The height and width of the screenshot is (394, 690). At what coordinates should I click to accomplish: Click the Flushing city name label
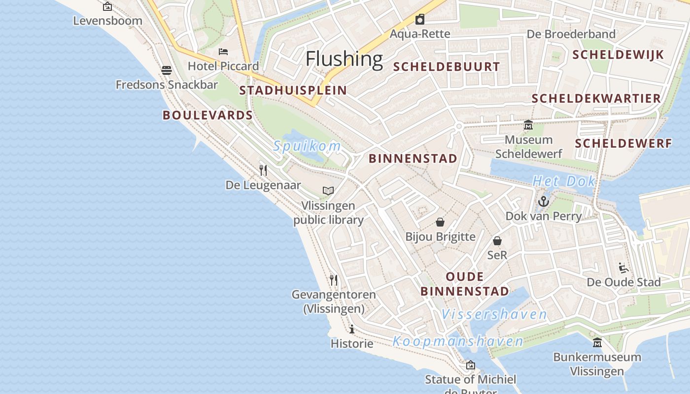pyautogui.click(x=344, y=59)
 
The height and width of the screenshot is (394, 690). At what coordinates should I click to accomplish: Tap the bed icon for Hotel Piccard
pyautogui.click(x=223, y=52)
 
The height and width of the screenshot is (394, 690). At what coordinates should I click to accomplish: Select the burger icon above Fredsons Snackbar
pyautogui.click(x=167, y=70)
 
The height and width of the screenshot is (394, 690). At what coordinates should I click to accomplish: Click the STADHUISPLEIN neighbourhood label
pyautogui.click(x=293, y=90)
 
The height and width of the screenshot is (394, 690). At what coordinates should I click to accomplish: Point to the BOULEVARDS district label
pyautogui.click(x=207, y=115)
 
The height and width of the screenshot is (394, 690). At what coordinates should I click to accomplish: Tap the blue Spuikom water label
pyautogui.click(x=307, y=146)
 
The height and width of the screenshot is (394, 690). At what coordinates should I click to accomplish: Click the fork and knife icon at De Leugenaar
pyautogui.click(x=263, y=170)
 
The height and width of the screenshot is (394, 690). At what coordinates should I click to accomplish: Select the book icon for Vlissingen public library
pyautogui.click(x=328, y=191)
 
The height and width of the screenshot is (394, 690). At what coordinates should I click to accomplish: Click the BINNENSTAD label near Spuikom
pyautogui.click(x=413, y=159)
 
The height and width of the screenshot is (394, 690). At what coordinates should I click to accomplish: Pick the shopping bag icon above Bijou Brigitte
pyautogui.click(x=440, y=223)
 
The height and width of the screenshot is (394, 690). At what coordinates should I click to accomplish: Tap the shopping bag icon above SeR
pyautogui.click(x=497, y=241)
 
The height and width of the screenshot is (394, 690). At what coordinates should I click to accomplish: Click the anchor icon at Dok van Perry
pyautogui.click(x=543, y=201)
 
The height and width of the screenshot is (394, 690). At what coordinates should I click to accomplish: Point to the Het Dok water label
pyautogui.click(x=564, y=181)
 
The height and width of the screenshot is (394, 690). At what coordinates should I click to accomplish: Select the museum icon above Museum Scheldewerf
pyautogui.click(x=528, y=125)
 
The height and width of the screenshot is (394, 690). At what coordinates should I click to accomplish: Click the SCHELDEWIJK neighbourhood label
pyautogui.click(x=619, y=55)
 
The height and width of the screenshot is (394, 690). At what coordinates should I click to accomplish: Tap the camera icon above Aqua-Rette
pyautogui.click(x=420, y=19)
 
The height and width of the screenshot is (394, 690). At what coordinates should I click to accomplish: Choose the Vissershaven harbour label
pyautogui.click(x=494, y=314)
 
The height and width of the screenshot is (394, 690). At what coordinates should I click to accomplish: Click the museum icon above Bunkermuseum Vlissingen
pyautogui.click(x=597, y=342)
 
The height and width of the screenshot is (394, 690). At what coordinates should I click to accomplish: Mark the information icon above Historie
pyautogui.click(x=352, y=329)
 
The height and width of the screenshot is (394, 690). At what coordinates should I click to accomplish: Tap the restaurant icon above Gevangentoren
pyautogui.click(x=334, y=280)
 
